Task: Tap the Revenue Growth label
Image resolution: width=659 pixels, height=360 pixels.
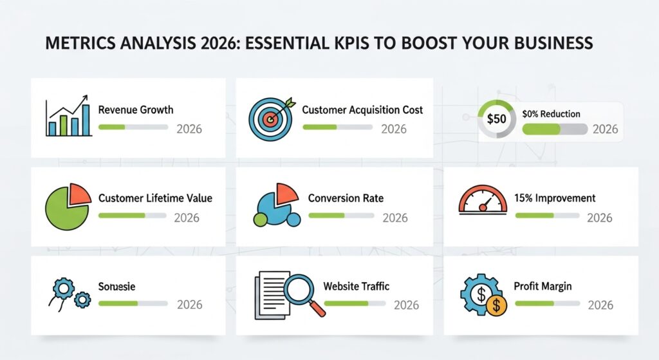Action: coord(135,109)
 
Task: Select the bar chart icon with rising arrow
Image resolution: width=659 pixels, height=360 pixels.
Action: coord(67,117)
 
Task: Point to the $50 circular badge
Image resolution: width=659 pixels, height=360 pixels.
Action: coord(496,119)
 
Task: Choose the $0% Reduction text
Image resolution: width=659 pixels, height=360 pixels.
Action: coord(551,114)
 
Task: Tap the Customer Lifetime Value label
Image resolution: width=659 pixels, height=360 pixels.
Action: coord(155,198)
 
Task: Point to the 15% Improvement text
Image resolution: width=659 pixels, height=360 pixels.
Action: coord(555,198)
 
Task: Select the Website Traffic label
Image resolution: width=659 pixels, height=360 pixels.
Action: coord(356,286)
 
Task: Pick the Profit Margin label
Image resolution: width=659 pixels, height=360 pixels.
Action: coord(543,286)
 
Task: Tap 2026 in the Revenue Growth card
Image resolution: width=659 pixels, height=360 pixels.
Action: coord(189,129)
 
